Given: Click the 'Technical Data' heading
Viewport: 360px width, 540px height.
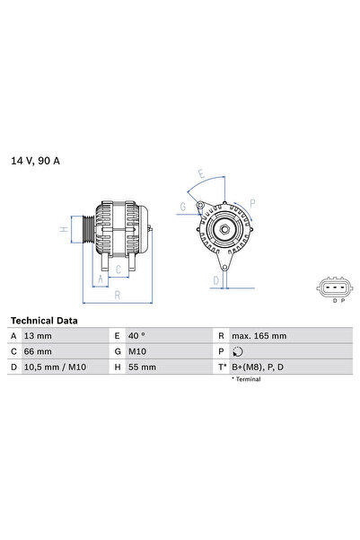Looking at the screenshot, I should coord(44,321).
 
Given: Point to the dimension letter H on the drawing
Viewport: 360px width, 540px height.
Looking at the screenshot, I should coord(63,229).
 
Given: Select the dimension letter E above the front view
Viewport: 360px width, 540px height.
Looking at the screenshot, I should coord(200,175).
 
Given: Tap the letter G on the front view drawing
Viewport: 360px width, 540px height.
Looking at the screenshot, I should coord(183,208).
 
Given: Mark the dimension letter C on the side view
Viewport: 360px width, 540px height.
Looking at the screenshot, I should coord(118,268).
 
